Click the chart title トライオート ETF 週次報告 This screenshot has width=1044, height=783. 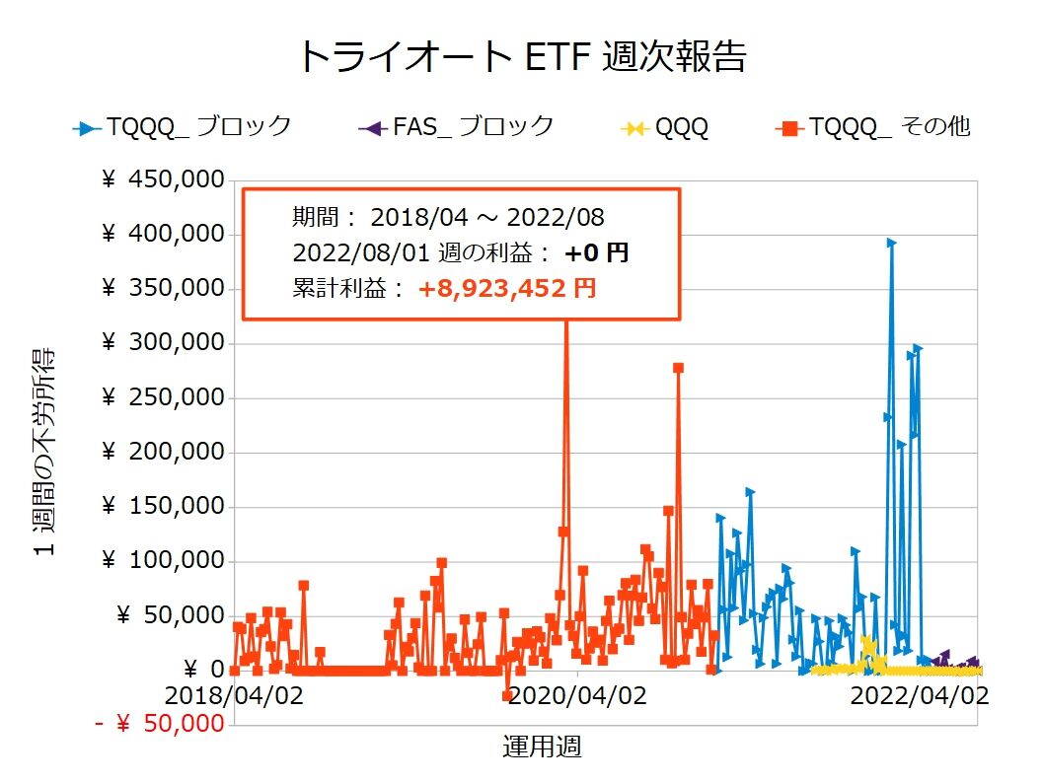pyautogui.click(x=521, y=56)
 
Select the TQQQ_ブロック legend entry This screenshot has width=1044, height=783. pyautogui.click(x=184, y=126)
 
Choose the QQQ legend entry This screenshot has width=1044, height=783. pyautogui.click(x=667, y=127)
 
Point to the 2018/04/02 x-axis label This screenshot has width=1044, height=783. pyautogui.click(x=234, y=695)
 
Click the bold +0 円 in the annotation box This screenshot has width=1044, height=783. pyautogui.click(x=596, y=252)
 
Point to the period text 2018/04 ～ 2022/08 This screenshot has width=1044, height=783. pyautogui.click(x=487, y=217)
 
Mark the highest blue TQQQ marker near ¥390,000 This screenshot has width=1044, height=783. pyautogui.click(x=891, y=242)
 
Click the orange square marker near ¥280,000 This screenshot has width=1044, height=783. pyautogui.click(x=678, y=368)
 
